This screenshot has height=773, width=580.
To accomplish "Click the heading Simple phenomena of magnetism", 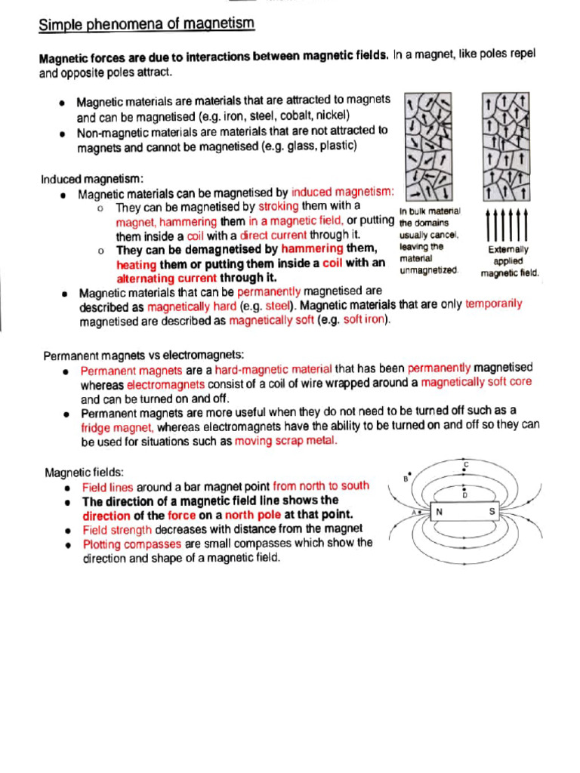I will click(147, 25).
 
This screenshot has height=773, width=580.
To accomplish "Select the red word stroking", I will click(279, 206).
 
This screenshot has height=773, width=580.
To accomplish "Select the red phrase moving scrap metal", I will click(286, 441).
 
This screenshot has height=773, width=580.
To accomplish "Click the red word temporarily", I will click(494, 304).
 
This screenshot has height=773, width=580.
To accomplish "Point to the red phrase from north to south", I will click(322, 486).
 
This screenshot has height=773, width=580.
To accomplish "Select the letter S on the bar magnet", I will click(492, 511).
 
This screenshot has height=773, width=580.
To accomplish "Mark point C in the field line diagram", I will click(466, 463).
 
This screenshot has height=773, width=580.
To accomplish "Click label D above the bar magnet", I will click(464, 494).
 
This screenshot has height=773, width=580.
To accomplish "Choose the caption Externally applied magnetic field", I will click(510, 261).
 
